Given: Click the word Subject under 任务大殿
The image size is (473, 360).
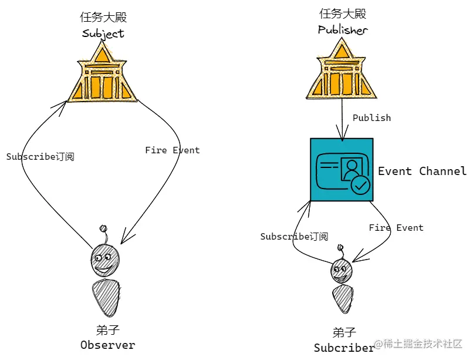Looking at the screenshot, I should (x=103, y=33).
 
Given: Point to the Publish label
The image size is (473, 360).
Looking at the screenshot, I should (x=371, y=118).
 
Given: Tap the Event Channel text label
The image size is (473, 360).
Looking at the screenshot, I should (x=422, y=171).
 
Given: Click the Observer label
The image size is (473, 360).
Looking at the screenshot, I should (x=107, y=345).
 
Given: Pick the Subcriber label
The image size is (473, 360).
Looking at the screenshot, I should (x=344, y=347).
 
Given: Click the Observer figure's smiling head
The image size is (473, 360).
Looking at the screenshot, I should (x=105, y=259).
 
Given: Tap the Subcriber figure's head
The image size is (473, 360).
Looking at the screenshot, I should (x=342, y=271).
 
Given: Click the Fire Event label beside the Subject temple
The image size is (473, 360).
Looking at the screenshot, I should (x=173, y=150).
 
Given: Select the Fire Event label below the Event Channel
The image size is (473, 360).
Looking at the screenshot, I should (x=396, y=228).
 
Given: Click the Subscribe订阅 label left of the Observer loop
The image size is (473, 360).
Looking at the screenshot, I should (x=40, y=157).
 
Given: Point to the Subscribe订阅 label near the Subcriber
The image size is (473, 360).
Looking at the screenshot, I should (x=294, y=237).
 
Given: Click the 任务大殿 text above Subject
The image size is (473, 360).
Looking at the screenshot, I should (x=103, y=16).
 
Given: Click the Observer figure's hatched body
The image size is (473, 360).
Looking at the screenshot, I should (x=107, y=298).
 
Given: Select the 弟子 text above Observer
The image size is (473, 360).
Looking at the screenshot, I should (x=107, y=329).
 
